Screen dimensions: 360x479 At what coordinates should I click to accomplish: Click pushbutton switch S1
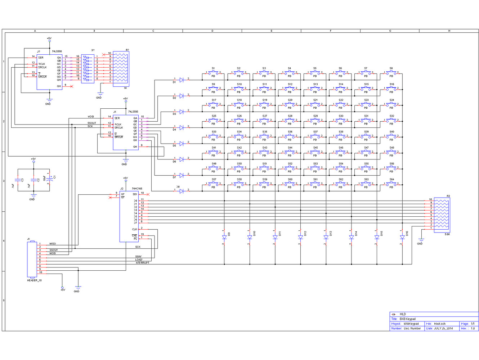click(213, 73)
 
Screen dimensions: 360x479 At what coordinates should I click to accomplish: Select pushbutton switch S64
click(391, 184)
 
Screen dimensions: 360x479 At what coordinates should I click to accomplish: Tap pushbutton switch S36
click(290, 136)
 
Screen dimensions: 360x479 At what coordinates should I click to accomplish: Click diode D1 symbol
click(182, 80)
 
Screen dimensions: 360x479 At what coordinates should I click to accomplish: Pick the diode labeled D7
click(182, 175)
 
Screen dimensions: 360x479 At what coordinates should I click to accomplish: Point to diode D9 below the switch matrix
click(224, 237)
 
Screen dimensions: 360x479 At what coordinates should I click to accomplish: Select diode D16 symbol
click(402, 237)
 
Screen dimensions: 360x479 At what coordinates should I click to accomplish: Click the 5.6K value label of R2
click(447, 234)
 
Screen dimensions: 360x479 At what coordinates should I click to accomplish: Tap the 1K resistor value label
click(125, 88)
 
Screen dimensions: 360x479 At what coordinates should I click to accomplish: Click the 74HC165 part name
click(137, 189)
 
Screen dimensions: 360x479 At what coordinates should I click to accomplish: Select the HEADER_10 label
click(34, 280)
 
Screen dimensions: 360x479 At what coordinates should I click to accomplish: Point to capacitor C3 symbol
click(18, 179)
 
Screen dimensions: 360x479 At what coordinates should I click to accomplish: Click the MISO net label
click(53, 244)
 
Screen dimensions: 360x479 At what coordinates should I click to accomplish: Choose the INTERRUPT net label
click(142, 263)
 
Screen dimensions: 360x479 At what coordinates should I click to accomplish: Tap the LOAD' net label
click(139, 260)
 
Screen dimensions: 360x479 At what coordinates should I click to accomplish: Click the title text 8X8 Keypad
click(407, 319)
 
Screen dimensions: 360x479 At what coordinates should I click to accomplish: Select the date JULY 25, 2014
click(443, 328)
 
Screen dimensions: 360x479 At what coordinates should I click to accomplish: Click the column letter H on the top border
click(449, 31)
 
